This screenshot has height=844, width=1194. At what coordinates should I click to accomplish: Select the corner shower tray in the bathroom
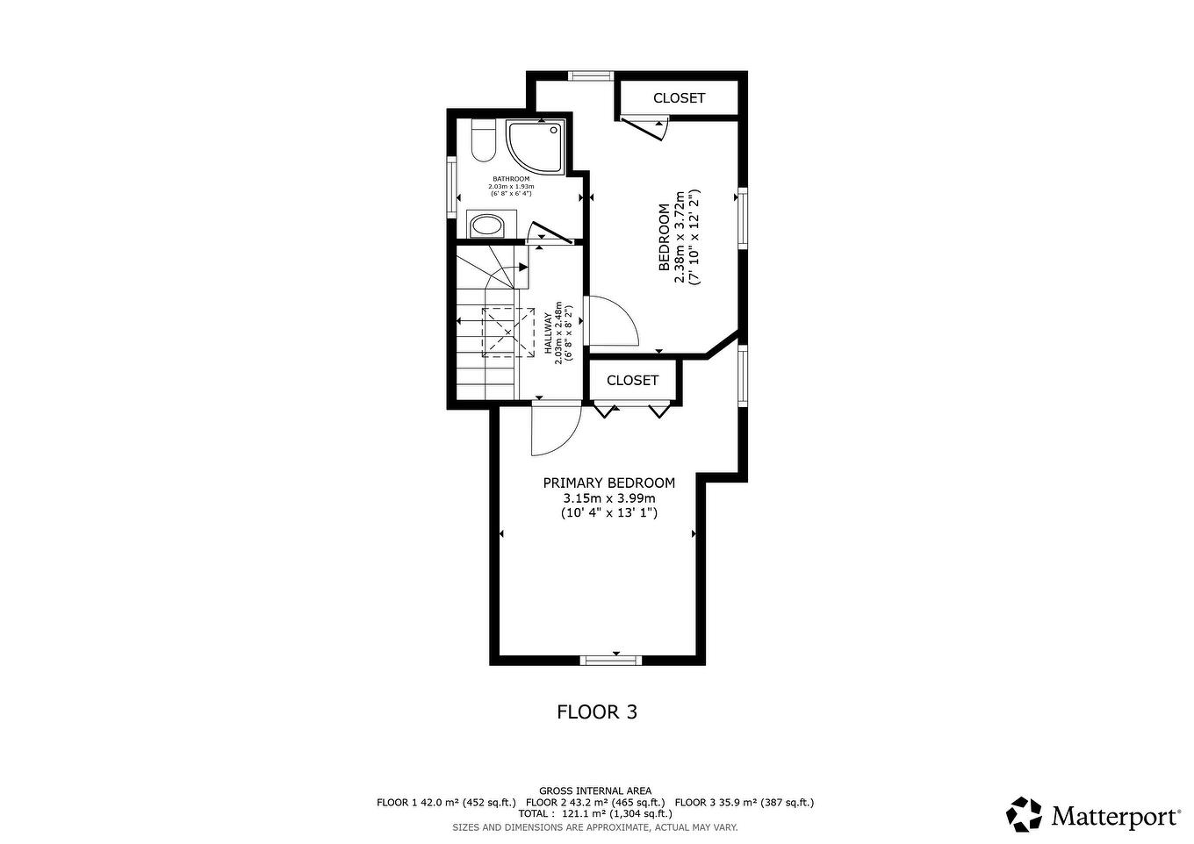(x=532, y=144)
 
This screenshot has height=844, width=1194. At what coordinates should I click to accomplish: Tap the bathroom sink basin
(x=486, y=226)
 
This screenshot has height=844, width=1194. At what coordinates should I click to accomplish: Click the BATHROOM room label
(x=511, y=179)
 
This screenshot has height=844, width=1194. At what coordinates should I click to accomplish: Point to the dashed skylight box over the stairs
(x=509, y=333)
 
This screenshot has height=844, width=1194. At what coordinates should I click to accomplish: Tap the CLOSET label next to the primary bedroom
(x=632, y=381)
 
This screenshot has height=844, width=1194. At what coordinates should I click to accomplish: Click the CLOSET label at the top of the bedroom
(x=679, y=98)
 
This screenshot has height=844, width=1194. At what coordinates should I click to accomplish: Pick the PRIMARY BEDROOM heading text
(x=608, y=483)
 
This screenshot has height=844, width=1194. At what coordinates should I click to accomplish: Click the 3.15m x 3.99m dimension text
(x=608, y=498)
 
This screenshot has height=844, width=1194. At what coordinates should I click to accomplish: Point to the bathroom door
(x=550, y=234)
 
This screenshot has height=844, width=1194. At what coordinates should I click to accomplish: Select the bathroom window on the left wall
(x=451, y=187)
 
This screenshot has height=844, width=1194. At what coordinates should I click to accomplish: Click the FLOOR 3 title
(x=597, y=712)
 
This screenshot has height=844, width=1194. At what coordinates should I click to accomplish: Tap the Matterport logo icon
(x=1024, y=814)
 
